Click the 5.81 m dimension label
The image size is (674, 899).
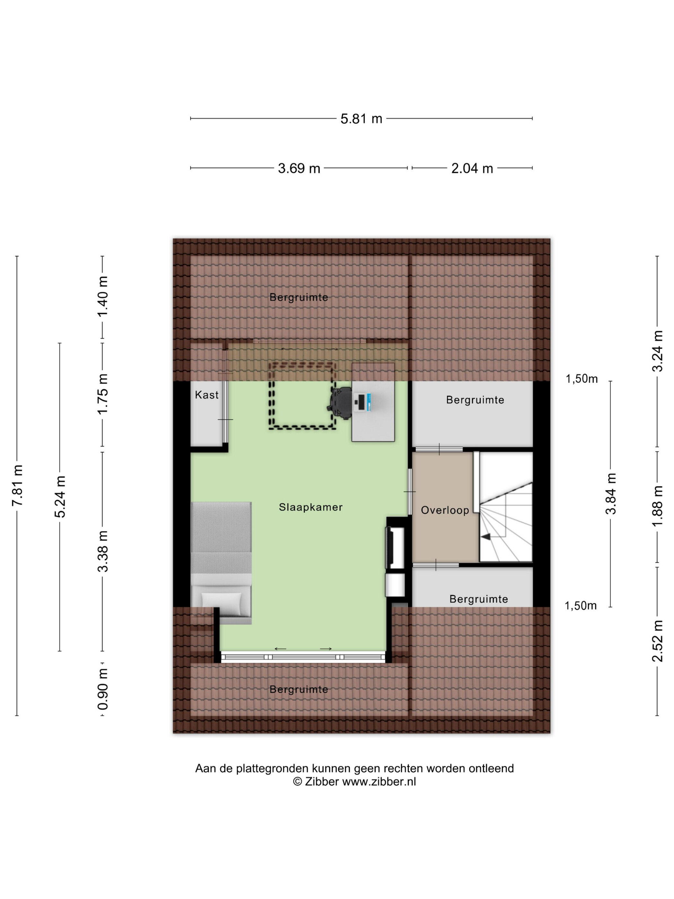click(361, 119)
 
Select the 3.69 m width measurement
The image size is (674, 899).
click(299, 168)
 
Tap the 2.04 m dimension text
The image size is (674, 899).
click(472, 168)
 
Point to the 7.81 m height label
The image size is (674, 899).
click(17, 485)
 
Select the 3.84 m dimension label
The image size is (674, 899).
click(611, 494)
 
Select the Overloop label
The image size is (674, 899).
click(445, 510)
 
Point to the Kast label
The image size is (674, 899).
click(207, 395)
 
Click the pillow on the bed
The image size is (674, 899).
click(221, 601)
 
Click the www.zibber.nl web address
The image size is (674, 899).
click(379, 781)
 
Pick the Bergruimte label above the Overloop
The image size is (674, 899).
click(475, 400)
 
